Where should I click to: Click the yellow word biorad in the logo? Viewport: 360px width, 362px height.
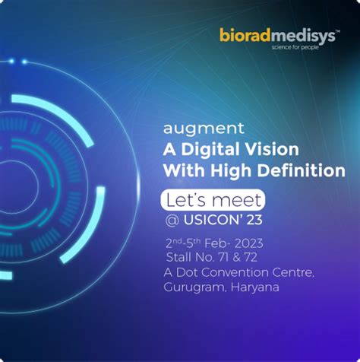tap(245, 35)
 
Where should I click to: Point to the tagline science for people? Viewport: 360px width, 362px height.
tap(295, 47)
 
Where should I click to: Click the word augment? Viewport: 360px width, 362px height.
tap(204, 129)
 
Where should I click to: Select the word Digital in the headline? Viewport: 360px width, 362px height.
tap(210, 150)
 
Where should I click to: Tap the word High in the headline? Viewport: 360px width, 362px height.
tap(231, 170)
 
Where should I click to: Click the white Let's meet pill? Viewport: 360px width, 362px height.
tap(213, 200)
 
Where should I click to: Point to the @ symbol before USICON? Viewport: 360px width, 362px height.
tap(172, 221)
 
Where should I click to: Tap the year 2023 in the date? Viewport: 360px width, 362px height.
tap(248, 244)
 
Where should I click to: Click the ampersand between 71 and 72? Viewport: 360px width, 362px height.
tap(236, 258)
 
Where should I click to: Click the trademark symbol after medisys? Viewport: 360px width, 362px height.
tap(338, 31)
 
